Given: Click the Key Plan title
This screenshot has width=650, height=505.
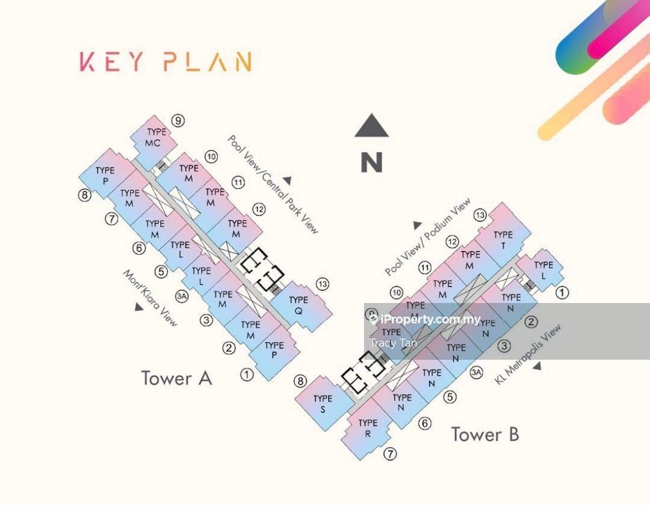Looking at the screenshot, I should pyautogui.click(x=166, y=61).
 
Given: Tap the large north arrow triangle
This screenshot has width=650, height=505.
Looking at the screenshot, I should pyautogui.click(x=371, y=126).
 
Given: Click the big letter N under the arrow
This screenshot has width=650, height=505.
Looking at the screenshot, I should pyautogui.click(x=372, y=162).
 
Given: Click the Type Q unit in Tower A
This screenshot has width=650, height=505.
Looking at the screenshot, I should pyautogui.click(x=299, y=305).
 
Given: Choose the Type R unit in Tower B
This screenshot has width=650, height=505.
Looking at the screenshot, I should pyautogui.click(x=368, y=428).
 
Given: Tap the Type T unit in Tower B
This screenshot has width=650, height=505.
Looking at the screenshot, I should pyautogui.click(x=503, y=239).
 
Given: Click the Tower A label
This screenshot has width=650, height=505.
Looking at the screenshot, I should pyautogui.click(x=176, y=378).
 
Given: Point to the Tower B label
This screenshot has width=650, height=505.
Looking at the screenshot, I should pyautogui.click(x=485, y=434).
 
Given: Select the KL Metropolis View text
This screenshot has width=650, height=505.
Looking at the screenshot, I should pyautogui.click(x=528, y=354).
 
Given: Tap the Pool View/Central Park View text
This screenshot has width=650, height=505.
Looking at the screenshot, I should pyautogui.click(x=274, y=184).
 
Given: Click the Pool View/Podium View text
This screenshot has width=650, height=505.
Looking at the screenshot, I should pyautogui.click(x=428, y=237).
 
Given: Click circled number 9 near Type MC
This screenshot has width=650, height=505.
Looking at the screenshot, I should pyautogui.click(x=178, y=121).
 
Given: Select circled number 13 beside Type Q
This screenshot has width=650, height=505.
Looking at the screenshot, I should pyautogui.click(x=322, y=284).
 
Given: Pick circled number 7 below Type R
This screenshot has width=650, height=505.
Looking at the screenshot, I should pyautogui.click(x=390, y=454).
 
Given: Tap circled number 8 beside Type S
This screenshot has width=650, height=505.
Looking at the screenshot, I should pyautogui.click(x=300, y=381).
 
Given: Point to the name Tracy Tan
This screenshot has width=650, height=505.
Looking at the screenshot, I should pyautogui.click(x=393, y=343).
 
